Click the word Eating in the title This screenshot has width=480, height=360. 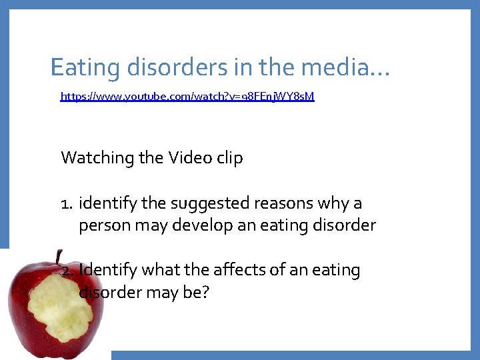(x=81, y=67)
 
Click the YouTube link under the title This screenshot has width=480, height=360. (x=187, y=97)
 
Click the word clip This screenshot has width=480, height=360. (x=229, y=158)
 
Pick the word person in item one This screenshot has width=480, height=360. (x=101, y=225)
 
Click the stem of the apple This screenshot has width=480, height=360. (x=59, y=257)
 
